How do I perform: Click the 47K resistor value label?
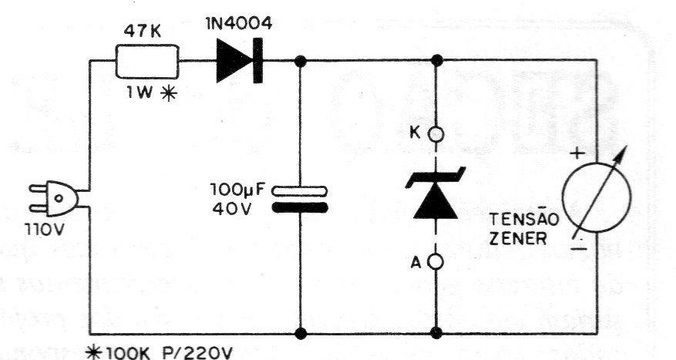point(143,31)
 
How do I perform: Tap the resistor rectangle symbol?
point(147,61)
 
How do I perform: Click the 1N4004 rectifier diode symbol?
point(240,61)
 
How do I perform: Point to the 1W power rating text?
point(140,93)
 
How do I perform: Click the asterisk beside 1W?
point(169,93)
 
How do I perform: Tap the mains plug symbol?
point(54,199)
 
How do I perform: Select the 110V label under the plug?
point(45,230)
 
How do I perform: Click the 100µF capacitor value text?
point(238,190)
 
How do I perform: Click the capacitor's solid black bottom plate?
point(300,208)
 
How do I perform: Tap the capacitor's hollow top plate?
point(300,191)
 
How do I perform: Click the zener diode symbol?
point(436,193)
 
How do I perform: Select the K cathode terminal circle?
point(436,135)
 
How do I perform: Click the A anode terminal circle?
point(436,261)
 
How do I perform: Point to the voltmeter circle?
point(597,198)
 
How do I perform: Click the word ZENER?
point(518,238)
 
